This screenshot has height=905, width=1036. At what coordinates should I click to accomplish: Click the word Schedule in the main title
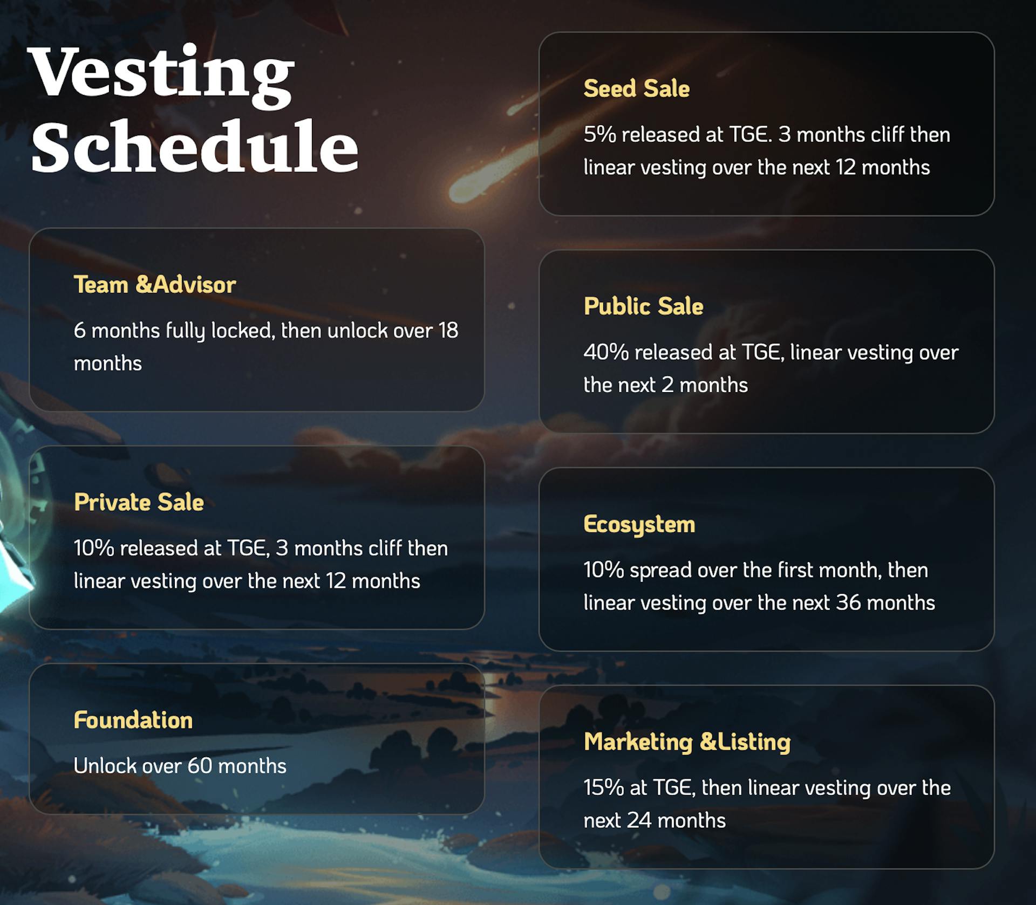tap(194, 147)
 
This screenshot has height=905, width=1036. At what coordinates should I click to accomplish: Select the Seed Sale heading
tap(636, 89)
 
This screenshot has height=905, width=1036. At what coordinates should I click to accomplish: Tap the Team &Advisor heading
tap(155, 285)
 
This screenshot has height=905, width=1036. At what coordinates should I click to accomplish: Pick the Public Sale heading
tap(643, 306)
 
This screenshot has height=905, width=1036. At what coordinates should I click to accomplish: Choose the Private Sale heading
tap(139, 502)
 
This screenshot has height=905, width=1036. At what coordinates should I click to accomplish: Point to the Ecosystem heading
tap(639, 524)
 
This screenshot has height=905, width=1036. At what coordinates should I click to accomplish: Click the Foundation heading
tap(133, 720)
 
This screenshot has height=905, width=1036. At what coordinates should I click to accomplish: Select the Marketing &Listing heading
tap(687, 742)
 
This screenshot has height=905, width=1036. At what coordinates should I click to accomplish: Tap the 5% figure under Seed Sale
tap(599, 135)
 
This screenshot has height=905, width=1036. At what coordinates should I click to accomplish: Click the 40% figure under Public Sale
tap(606, 353)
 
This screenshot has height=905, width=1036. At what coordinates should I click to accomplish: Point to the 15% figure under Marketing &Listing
tap(604, 788)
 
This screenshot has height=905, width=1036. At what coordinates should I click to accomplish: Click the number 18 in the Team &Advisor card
tap(448, 331)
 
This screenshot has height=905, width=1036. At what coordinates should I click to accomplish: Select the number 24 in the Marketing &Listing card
tap(639, 821)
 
